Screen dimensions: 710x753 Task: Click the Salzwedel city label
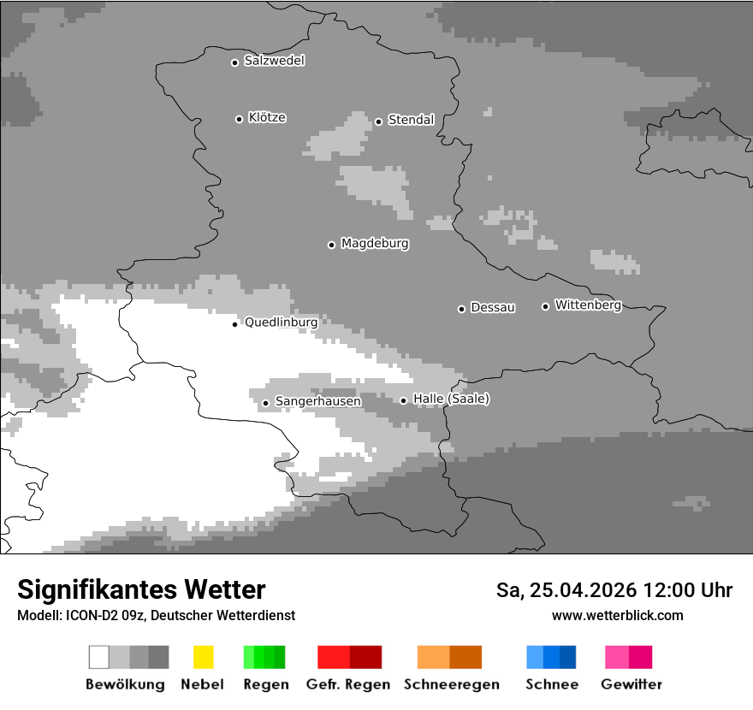tap(274, 61)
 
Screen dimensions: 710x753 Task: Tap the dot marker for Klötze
tap(239, 119)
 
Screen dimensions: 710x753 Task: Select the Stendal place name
tap(411, 120)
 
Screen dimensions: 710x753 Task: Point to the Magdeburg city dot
tap(331, 245)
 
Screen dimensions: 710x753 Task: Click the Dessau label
tap(493, 307)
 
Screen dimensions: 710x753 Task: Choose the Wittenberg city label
tap(588, 305)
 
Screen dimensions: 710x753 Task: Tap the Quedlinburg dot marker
tap(234, 324)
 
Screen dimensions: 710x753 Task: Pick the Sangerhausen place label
tap(317, 401)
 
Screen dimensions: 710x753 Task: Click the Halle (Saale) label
tap(451, 399)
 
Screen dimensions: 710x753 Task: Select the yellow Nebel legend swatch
tap(203, 657)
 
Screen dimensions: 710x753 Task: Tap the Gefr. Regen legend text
tap(347, 684)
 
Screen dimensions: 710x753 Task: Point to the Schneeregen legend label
tap(451, 684)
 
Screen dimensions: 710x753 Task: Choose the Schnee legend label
tap(552, 684)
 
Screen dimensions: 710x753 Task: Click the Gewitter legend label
tap(631, 684)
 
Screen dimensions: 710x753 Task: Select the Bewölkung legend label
tap(125, 684)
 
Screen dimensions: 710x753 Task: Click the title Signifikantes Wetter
tap(141, 589)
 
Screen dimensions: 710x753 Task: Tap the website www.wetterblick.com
tap(617, 615)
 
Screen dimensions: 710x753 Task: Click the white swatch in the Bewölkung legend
tap(99, 657)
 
